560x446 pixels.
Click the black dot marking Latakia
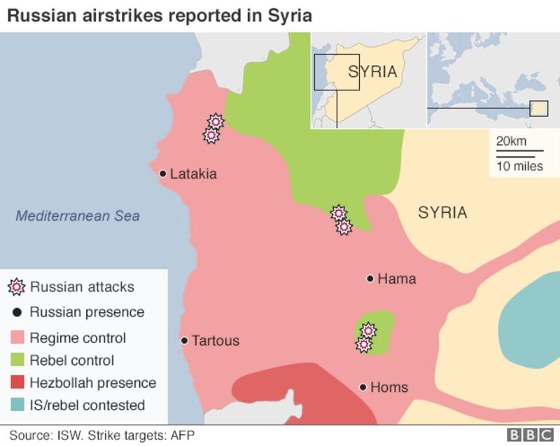[x=162, y=174]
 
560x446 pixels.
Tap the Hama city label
[x=396, y=279]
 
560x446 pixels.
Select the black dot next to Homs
[x=363, y=387]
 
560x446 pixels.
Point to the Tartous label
[x=215, y=341]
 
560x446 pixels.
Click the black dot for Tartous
[x=184, y=341]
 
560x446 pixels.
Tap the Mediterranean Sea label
[x=78, y=216]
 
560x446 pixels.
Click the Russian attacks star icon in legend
[x=17, y=287]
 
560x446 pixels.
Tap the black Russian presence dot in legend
[x=16, y=312]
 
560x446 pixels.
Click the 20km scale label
[x=511, y=141]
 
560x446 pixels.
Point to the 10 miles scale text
[x=519, y=166]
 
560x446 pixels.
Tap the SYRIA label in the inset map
[x=372, y=71]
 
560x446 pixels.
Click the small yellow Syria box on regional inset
[x=539, y=109]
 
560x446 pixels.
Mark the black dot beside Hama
[x=370, y=279]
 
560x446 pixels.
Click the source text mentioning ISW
[x=101, y=435]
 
